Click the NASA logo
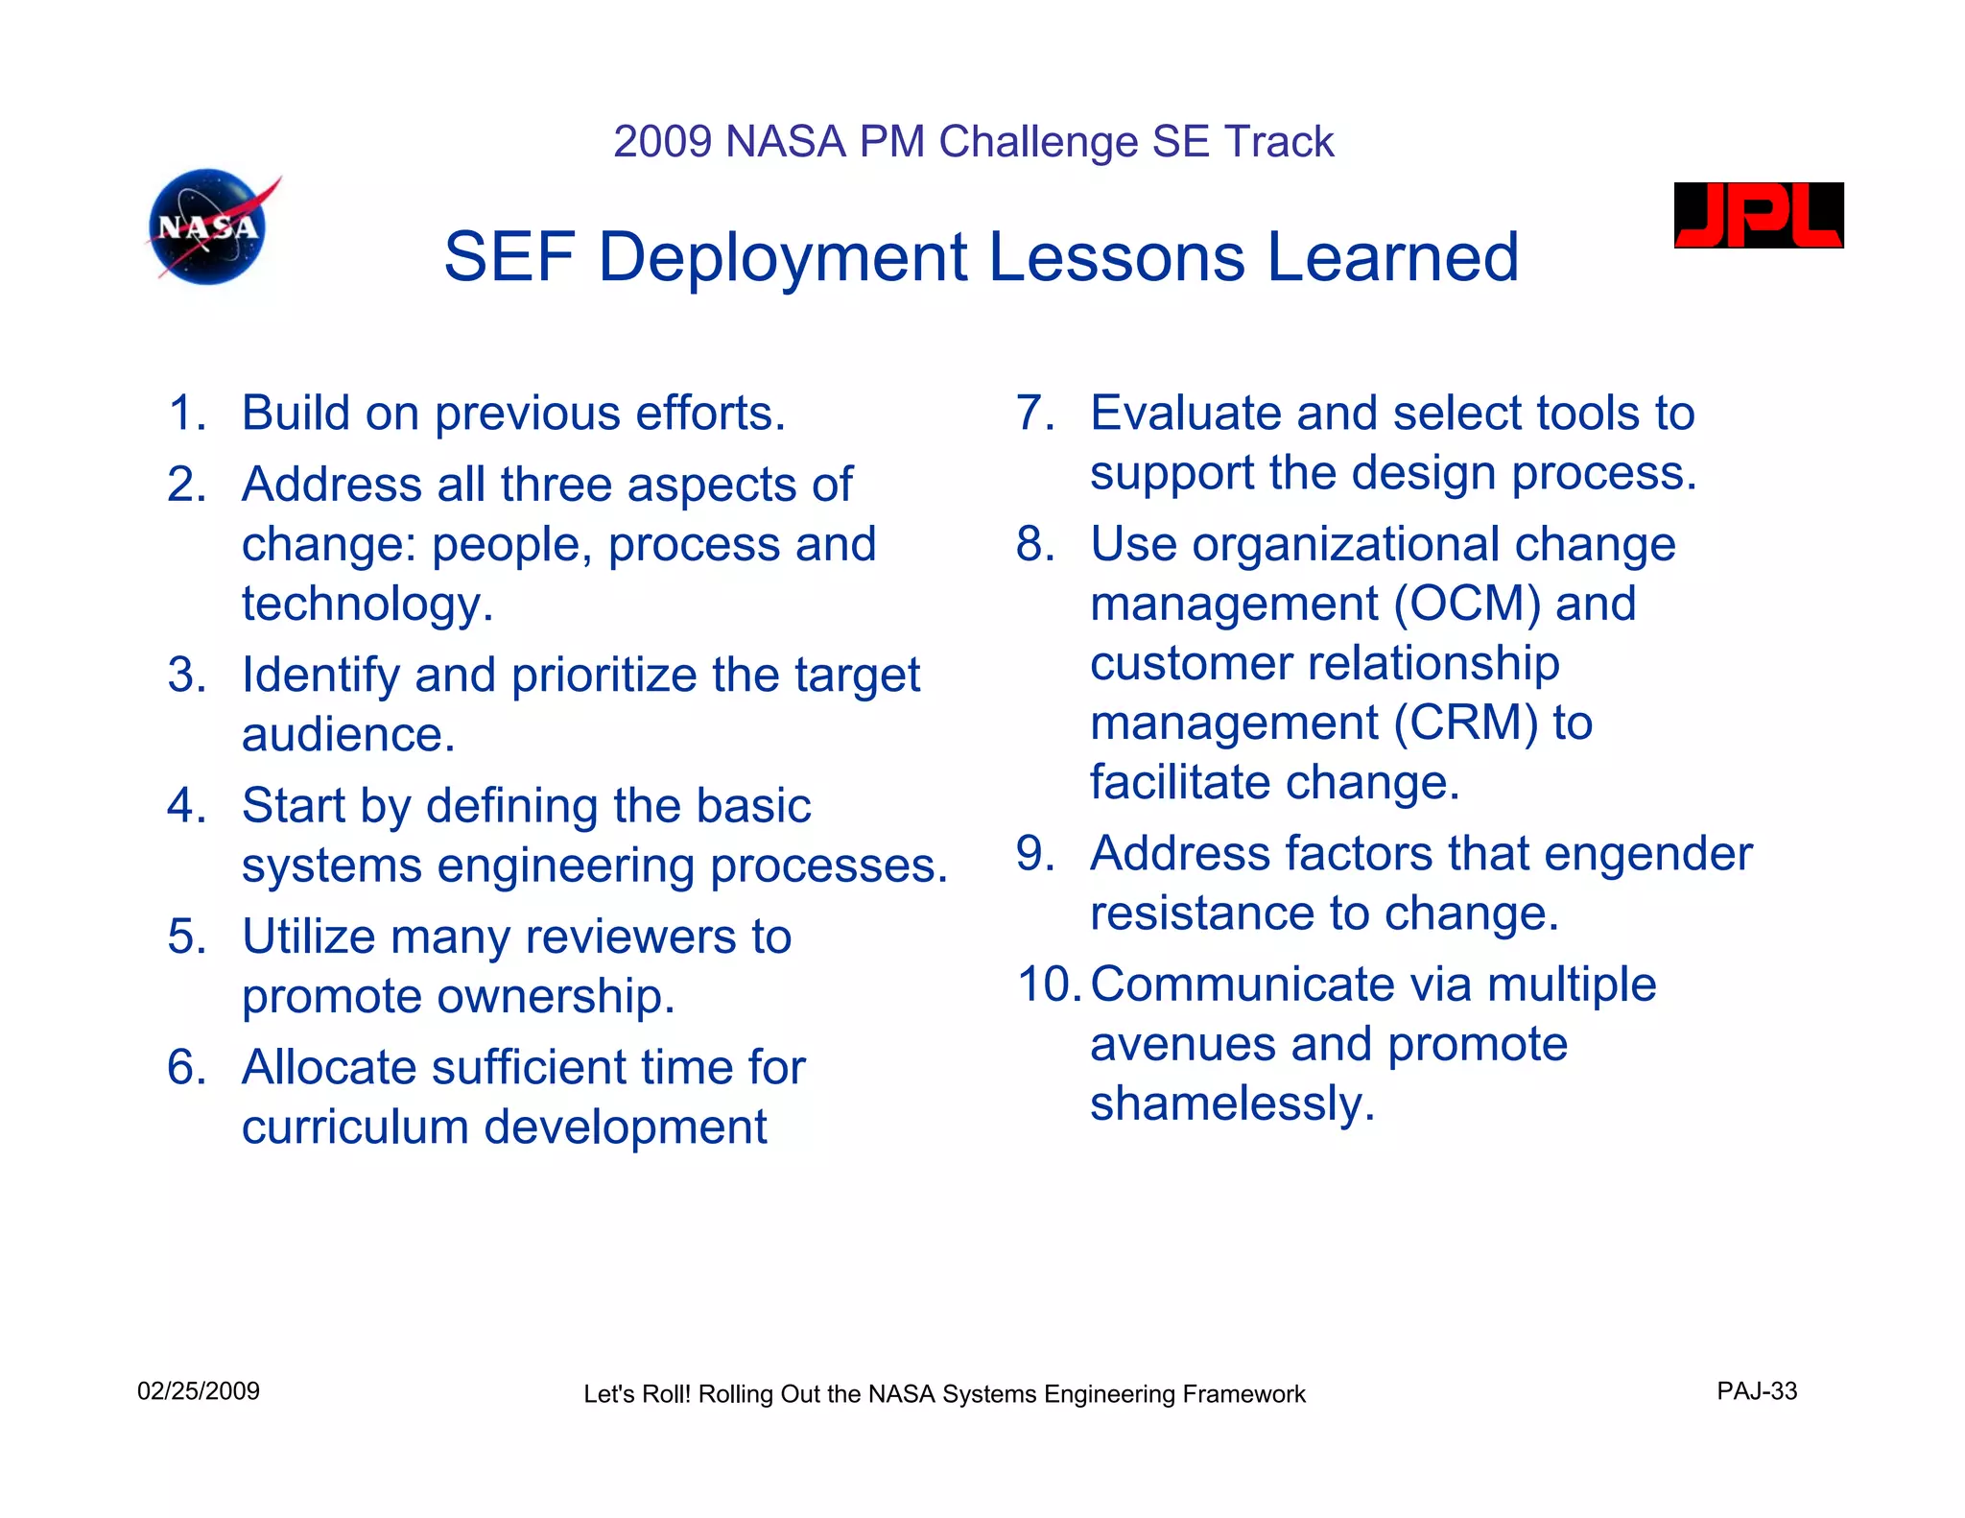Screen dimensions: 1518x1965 pyautogui.click(x=209, y=227)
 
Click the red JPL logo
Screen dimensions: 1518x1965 pyautogui.click(x=1758, y=215)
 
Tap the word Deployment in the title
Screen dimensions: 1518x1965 pyautogui.click(x=783, y=257)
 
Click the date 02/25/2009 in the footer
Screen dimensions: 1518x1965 pyautogui.click(x=199, y=1391)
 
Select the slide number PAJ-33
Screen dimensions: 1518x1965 pyautogui.click(x=1756, y=1391)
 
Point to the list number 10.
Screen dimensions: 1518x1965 pyautogui.click(x=1049, y=984)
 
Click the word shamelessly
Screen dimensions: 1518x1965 pyautogui.click(x=1231, y=1104)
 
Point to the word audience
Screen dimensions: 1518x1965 pyautogui.click(x=347, y=736)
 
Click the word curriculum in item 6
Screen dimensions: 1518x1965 pyautogui.click(x=355, y=1127)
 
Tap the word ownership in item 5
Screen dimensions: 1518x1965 pyautogui.click(x=556, y=997)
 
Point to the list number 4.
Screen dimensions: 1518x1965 pyautogui.click(x=185, y=806)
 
